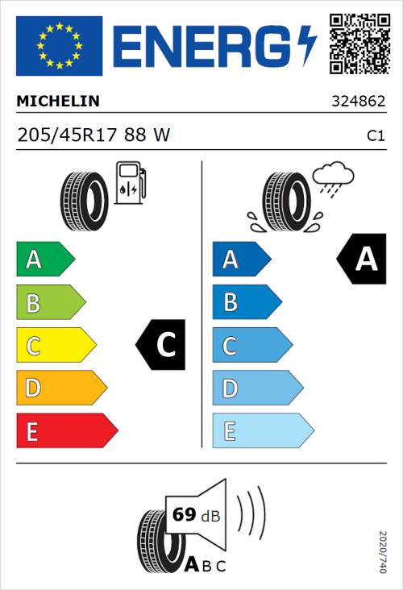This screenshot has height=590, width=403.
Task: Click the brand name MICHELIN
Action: (58, 102)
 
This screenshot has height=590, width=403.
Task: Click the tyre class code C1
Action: (375, 136)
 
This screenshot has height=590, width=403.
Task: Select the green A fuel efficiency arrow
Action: (45, 260)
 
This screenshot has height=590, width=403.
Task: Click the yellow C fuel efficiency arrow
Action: (56, 346)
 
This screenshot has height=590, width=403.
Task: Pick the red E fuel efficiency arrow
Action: (66, 431)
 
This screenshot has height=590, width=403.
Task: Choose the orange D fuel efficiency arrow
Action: (61, 388)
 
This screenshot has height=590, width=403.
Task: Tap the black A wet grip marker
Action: (363, 260)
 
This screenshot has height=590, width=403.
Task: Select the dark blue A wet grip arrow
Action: (241, 260)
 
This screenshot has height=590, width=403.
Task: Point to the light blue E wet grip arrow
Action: (262, 431)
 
